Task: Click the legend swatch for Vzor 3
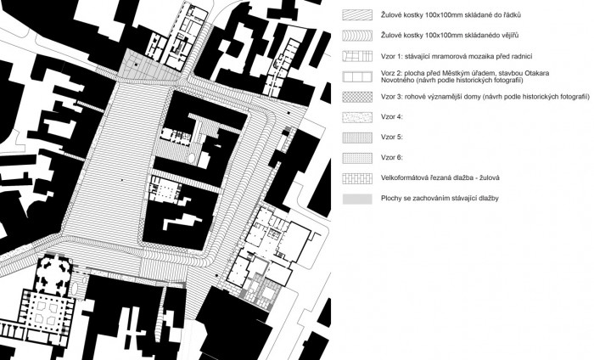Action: click(x=357, y=97)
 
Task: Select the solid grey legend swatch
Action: click(x=357, y=200)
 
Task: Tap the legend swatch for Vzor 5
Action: click(x=357, y=138)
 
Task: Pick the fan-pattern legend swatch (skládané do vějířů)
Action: click(x=357, y=36)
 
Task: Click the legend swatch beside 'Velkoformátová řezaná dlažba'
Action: click(x=357, y=179)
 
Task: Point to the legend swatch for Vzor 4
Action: click(x=357, y=117)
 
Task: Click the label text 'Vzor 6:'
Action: click(x=392, y=158)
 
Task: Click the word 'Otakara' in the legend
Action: click(x=537, y=73)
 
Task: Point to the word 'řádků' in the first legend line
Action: click(x=512, y=15)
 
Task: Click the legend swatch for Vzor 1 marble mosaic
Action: click(x=357, y=56)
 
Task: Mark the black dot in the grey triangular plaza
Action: click(x=135, y=65)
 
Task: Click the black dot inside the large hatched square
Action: click(x=122, y=180)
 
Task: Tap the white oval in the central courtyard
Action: click(x=192, y=157)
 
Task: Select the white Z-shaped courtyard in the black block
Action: click(x=183, y=222)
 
